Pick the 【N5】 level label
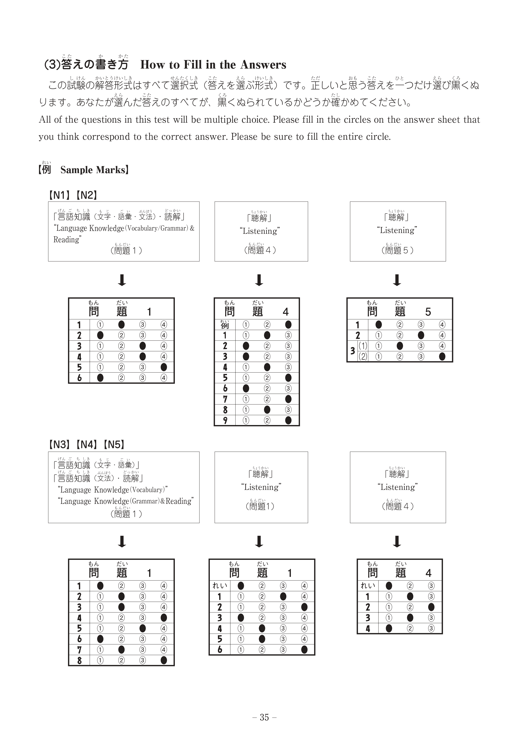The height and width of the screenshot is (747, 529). [114, 445]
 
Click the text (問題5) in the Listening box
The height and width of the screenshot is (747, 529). [397, 250]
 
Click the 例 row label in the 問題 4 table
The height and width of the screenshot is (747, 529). [225, 325]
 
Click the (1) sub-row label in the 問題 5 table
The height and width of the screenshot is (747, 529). [363, 346]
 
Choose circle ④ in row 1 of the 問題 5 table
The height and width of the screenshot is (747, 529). [442, 325]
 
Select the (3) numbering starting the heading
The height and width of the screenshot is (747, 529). [52, 65]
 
